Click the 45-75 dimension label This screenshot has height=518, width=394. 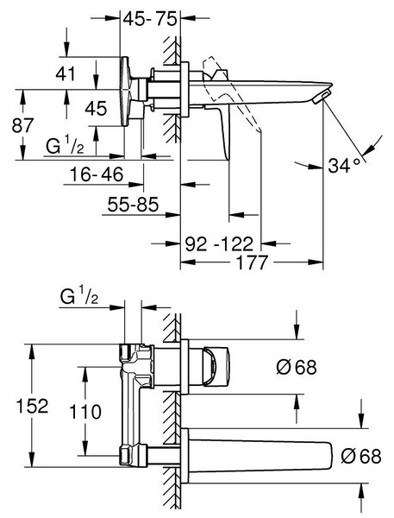[x=150, y=19]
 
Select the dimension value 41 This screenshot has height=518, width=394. [x=66, y=73]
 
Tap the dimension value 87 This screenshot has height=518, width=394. [x=22, y=125]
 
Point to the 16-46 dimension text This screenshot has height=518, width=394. [x=97, y=174]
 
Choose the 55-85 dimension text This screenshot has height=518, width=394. [x=133, y=205]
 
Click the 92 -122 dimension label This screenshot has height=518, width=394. [x=219, y=243]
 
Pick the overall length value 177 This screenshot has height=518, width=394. [x=253, y=262]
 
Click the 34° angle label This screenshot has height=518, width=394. [x=344, y=165]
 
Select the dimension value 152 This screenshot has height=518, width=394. [x=33, y=406]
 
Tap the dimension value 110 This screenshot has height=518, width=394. [x=85, y=412]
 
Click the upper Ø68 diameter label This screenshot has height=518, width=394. [x=297, y=367]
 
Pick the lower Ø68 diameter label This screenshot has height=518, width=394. [x=361, y=456]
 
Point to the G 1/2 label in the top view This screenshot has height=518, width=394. [x=65, y=147]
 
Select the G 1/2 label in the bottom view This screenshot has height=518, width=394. [x=79, y=296]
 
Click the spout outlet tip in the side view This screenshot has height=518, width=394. [x=321, y=98]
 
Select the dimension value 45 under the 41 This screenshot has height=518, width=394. [x=96, y=109]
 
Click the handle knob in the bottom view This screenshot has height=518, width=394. [x=216, y=366]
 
